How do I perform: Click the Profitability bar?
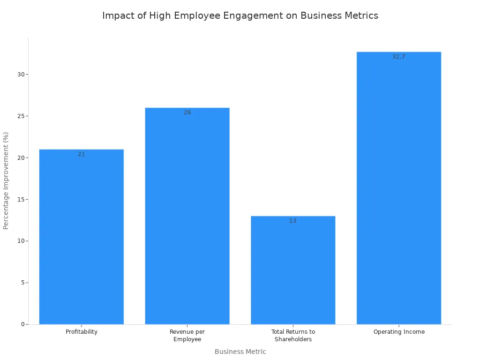[x=82, y=237]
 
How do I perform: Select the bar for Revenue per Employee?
[x=187, y=216]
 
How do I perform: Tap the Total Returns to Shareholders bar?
[x=293, y=270]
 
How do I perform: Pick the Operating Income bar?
[x=399, y=188]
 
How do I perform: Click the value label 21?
[x=82, y=154]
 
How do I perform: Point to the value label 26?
[x=187, y=112]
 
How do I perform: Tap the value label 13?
[x=293, y=221]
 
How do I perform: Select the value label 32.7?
[x=399, y=57]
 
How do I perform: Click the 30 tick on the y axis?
[x=21, y=75]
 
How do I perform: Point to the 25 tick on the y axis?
[x=21, y=116]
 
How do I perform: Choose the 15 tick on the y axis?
[x=21, y=200]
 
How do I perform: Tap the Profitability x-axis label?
[x=82, y=332]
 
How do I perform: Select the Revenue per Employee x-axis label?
[x=187, y=336]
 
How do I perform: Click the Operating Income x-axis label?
[x=399, y=332]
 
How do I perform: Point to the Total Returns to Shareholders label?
[x=293, y=336]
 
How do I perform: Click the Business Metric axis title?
[x=240, y=352]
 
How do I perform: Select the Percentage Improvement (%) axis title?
[x=6, y=180]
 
